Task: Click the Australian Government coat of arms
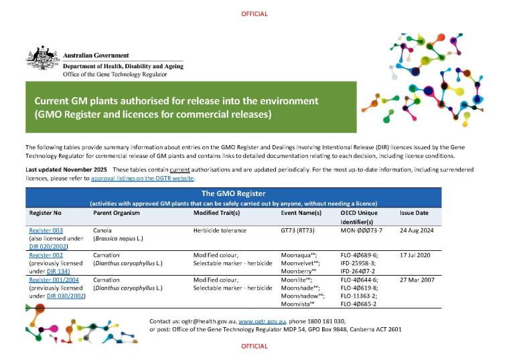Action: pyautogui.click(x=43, y=58)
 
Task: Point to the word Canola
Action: pyautogui.click(x=103, y=230)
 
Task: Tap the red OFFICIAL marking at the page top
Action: pyautogui.click(x=254, y=14)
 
